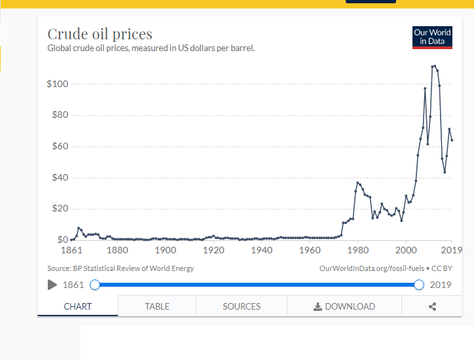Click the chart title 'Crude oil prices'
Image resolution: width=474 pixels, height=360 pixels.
pos(100,34)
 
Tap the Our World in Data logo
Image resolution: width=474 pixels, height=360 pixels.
pos(432,37)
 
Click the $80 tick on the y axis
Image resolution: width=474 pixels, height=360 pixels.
pos(59,115)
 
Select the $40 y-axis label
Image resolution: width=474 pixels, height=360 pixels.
pos(59,177)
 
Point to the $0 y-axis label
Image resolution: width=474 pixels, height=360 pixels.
pos(62,240)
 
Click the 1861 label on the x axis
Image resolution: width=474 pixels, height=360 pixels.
pos(70,250)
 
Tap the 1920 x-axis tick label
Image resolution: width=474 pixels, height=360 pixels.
pos(213,250)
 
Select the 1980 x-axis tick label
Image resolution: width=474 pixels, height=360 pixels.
pos(357,250)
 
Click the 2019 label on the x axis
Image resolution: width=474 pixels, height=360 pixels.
pos(451,250)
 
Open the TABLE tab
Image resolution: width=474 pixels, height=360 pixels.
pos(157,306)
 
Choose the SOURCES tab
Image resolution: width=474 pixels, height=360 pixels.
pos(242,306)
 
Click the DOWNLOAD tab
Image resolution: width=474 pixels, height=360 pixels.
pos(344,306)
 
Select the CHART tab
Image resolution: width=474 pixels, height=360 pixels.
pos(78,306)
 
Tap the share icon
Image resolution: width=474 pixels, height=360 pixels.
pos(432,306)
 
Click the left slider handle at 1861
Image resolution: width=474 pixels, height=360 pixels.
pos(95,285)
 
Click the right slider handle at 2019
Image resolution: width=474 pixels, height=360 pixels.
pos(420,285)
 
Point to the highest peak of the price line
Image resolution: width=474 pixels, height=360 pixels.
pos(435,65)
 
